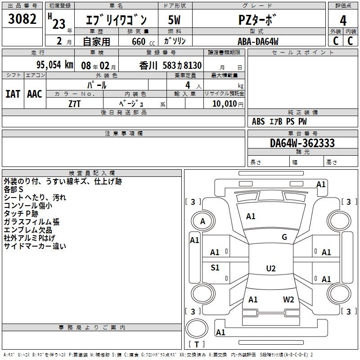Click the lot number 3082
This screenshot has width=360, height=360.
tap(22, 19)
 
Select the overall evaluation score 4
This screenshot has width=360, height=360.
tap(343, 20)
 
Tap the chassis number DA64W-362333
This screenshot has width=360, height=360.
tap(302, 143)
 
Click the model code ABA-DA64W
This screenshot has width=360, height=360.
tap(258, 41)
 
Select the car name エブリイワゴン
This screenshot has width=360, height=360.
tap(117, 20)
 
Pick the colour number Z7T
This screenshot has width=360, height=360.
tap(75, 103)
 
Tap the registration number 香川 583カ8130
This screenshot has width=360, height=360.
tap(171, 65)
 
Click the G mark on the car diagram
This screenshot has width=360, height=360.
tap(284, 237)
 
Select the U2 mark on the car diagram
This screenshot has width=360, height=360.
tap(270, 269)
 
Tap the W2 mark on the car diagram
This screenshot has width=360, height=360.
tap(288, 299)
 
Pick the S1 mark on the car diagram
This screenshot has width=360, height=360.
tap(215, 268)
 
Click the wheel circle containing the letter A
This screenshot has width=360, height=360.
tap(202, 221)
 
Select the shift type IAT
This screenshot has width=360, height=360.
tap(13, 94)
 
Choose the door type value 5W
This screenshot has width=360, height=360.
tap(174, 20)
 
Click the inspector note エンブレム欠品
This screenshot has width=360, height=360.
tap(27, 229)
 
